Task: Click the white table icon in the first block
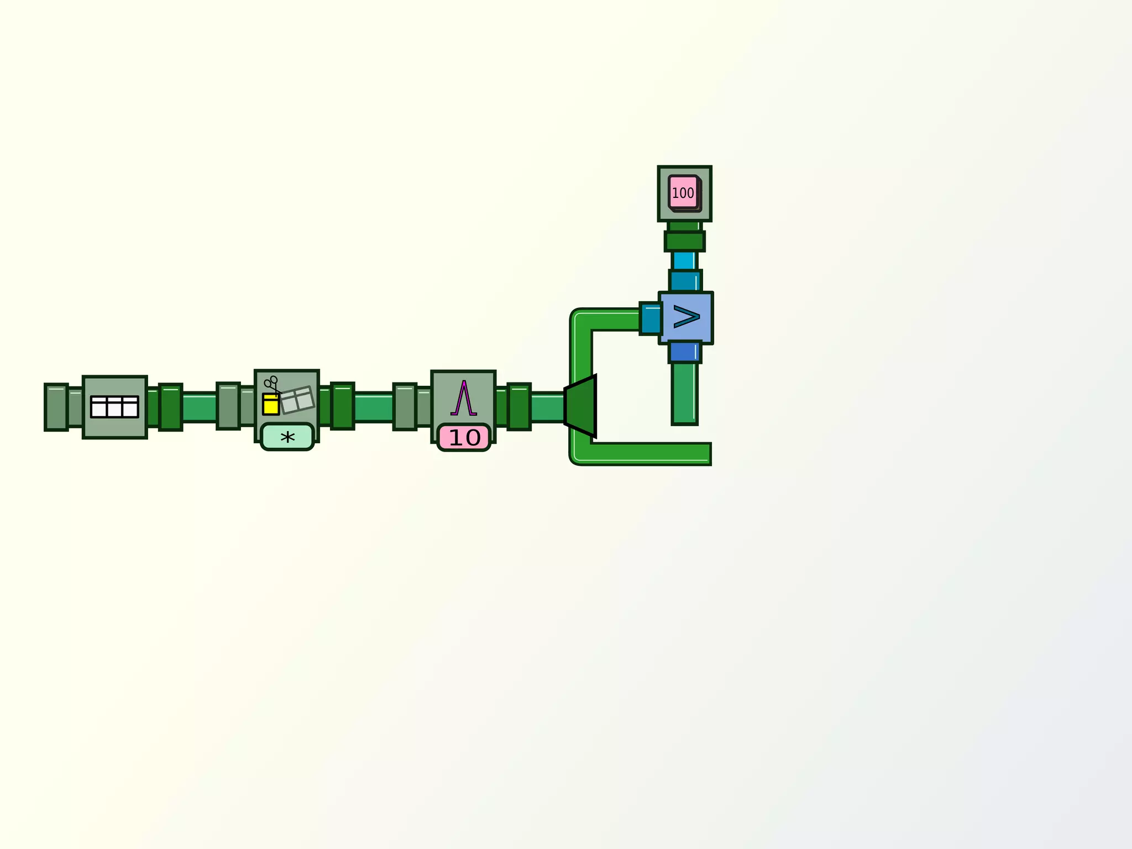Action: (x=114, y=407)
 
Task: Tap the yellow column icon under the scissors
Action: (x=271, y=404)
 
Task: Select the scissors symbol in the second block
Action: (x=272, y=385)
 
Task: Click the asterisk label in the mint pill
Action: (x=287, y=438)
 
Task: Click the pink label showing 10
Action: (x=464, y=438)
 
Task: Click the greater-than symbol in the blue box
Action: (x=686, y=317)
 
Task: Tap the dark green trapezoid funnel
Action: (x=580, y=406)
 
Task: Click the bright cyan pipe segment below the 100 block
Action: (x=684, y=261)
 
